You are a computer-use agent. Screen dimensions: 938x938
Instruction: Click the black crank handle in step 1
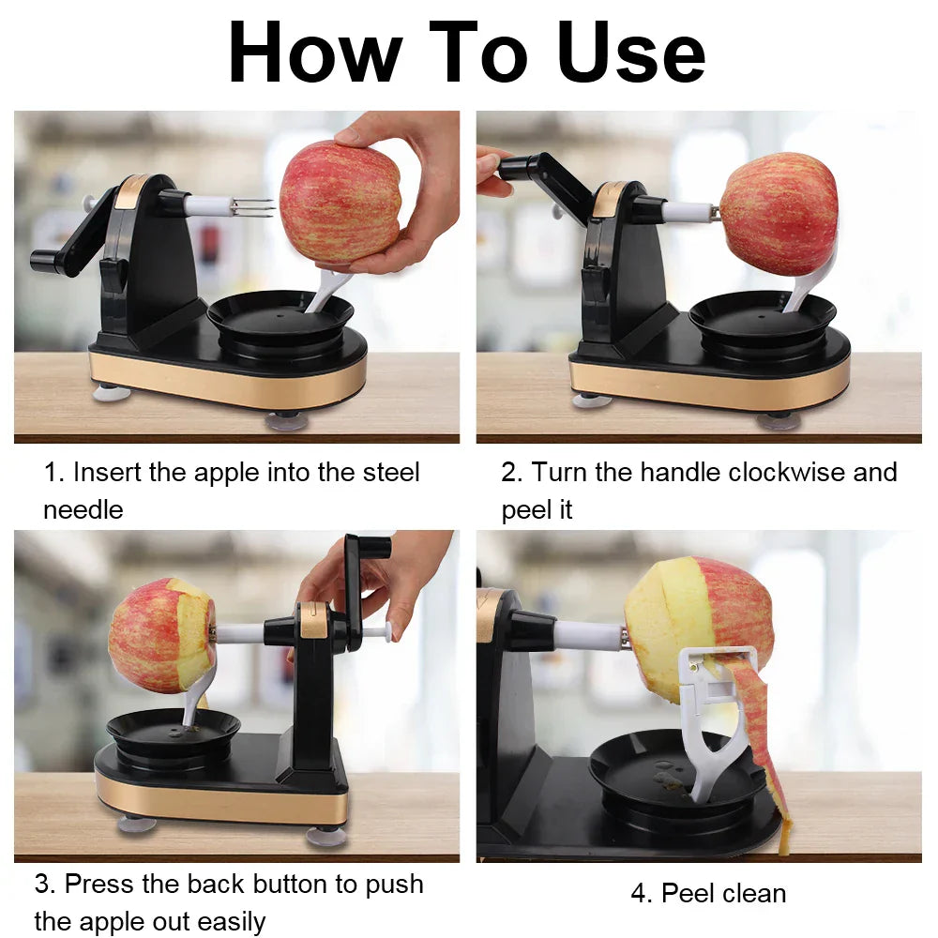(66, 251)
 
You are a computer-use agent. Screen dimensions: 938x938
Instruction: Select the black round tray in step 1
(280, 319)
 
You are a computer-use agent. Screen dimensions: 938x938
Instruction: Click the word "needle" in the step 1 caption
(83, 510)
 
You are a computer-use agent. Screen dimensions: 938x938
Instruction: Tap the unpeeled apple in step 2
(779, 214)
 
